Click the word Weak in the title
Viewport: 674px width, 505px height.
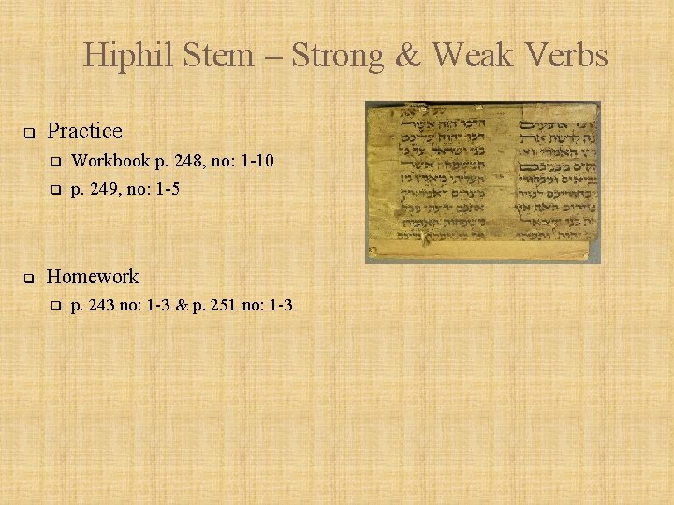click(x=474, y=56)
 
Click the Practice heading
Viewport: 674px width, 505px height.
click(x=84, y=131)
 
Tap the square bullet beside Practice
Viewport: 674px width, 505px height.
click(x=29, y=132)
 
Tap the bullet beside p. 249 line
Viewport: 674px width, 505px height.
click(x=55, y=190)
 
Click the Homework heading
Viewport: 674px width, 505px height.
click(x=93, y=277)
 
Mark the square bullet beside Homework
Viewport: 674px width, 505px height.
click(x=29, y=278)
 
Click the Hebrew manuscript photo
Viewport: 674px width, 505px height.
click(x=482, y=182)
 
